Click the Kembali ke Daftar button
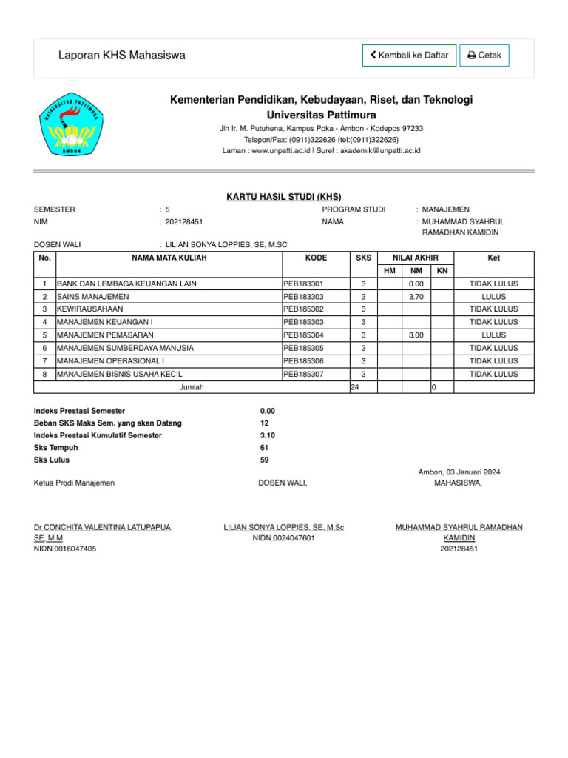[409, 56]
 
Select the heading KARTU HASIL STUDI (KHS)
[283, 196]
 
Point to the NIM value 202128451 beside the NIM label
[185, 221]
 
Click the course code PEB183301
[304, 284]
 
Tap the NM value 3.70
[416, 296]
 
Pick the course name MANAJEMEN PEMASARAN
[105, 335]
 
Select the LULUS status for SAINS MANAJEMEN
[493, 296]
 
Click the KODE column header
[316, 258]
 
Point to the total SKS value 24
[354, 387]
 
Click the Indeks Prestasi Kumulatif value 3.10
[268, 435]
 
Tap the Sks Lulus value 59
[265, 460]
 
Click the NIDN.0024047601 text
[284, 538]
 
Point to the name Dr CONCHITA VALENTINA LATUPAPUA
[104, 527]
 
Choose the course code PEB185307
[304, 374]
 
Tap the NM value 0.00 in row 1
[416, 284]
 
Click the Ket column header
[493, 258]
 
